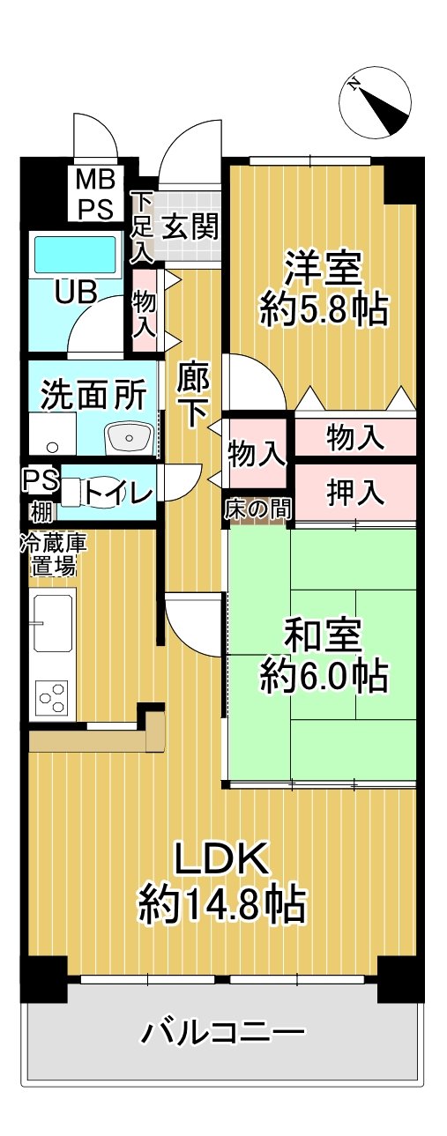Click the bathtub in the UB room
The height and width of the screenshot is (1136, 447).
click(x=75, y=255)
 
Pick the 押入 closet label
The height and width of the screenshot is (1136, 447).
click(x=355, y=493)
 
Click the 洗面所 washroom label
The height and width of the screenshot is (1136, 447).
click(x=93, y=396)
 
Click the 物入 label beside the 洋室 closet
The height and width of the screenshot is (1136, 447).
click(x=355, y=435)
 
